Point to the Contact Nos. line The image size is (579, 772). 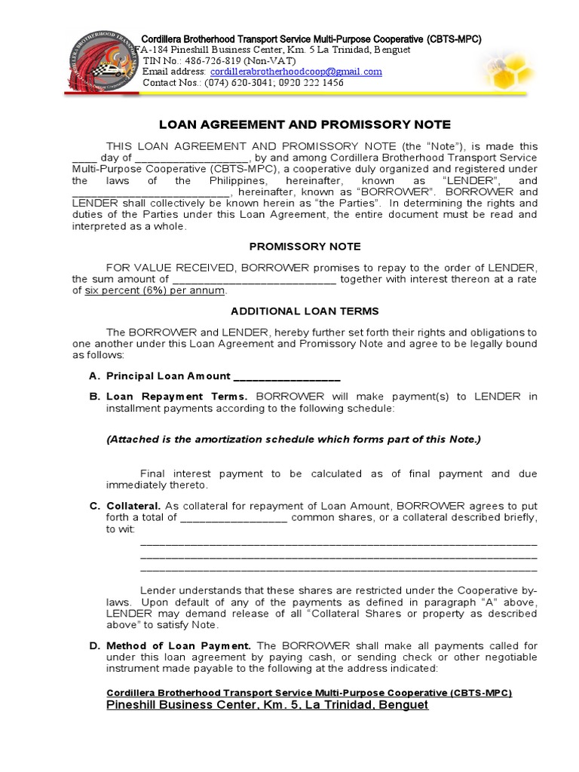243,83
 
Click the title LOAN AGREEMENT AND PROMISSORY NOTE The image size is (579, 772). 305,124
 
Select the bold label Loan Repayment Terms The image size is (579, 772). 176,397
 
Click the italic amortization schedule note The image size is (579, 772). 293,440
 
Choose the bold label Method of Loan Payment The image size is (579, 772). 179,645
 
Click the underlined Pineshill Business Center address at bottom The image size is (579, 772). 267,705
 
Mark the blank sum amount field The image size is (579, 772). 254,279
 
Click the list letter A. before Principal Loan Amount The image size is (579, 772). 93,376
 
